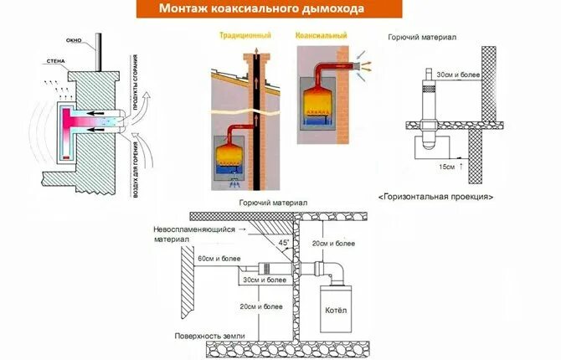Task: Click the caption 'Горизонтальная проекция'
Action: [x=435, y=198]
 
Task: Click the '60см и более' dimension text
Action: [x=219, y=260]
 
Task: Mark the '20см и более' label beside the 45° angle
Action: [x=327, y=243]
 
